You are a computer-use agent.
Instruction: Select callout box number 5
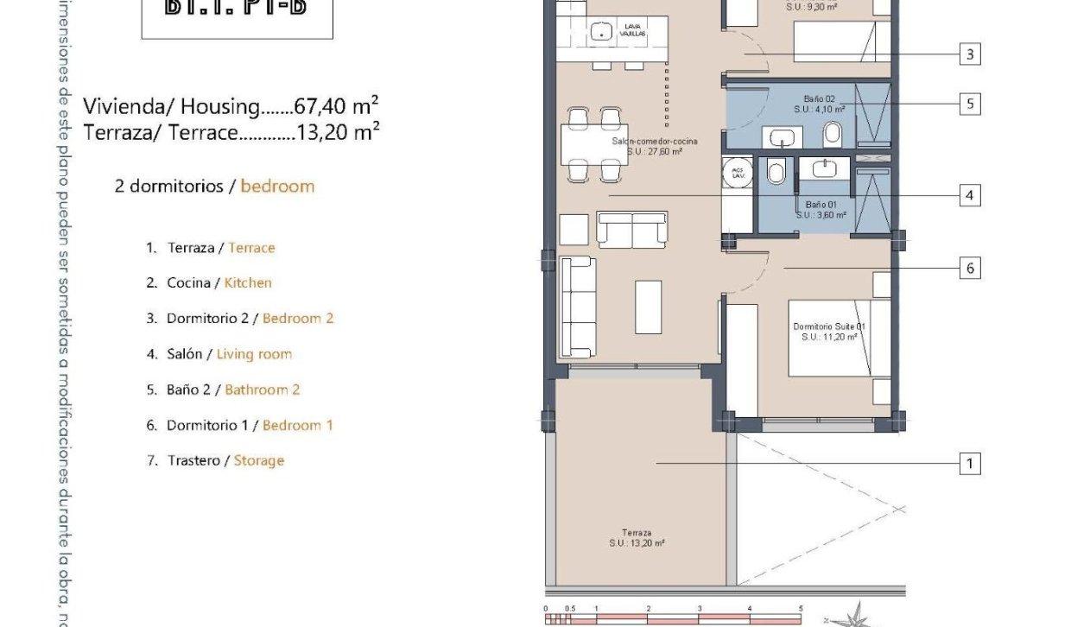coord(970,104)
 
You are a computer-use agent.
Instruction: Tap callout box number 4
coord(970,196)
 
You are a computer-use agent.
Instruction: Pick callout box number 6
coord(970,269)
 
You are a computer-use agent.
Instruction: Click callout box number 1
coord(970,465)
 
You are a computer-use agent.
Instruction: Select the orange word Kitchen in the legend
coord(248,282)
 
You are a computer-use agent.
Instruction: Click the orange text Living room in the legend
coord(254,354)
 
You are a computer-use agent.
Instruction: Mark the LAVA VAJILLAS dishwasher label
coord(633,31)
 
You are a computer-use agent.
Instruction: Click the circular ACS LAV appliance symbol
coord(738,173)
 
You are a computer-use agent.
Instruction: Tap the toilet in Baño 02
coord(833,134)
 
